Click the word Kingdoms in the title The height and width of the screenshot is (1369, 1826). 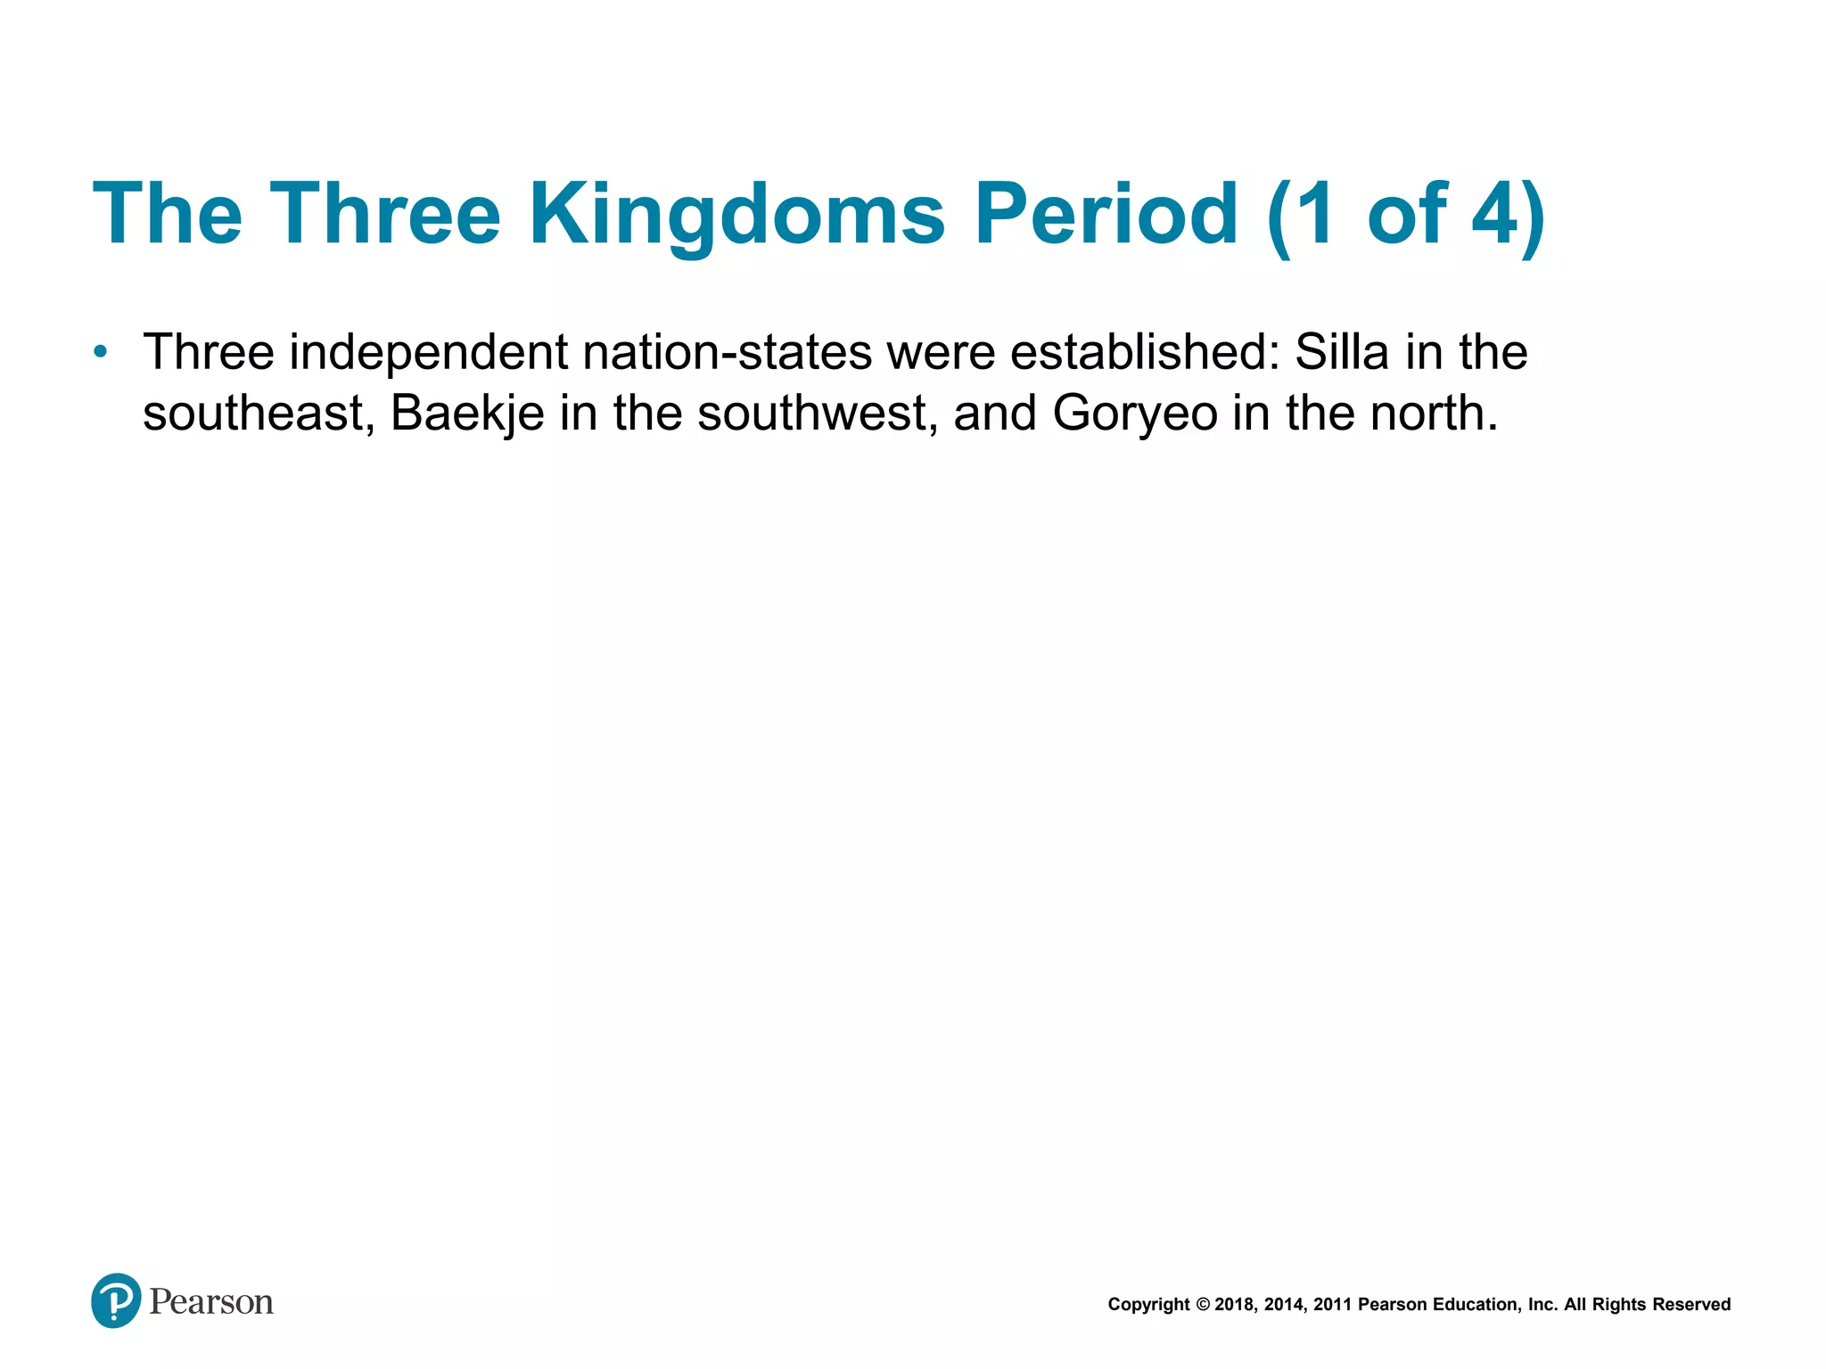(736, 214)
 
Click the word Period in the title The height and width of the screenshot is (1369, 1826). (1106, 214)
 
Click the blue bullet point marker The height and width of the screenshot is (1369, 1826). (101, 352)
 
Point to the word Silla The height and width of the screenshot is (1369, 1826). (1341, 352)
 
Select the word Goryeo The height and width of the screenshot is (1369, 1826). (1134, 414)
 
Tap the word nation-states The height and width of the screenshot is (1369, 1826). (727, 352)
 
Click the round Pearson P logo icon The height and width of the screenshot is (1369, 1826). (116, 1300)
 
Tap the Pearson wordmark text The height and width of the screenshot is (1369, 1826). (211, 1302)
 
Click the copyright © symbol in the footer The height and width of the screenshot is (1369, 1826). (1202, 1305)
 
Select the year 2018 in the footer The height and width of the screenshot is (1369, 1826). (1234, 1305)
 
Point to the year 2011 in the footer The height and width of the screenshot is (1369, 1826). (1332, 1305)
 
